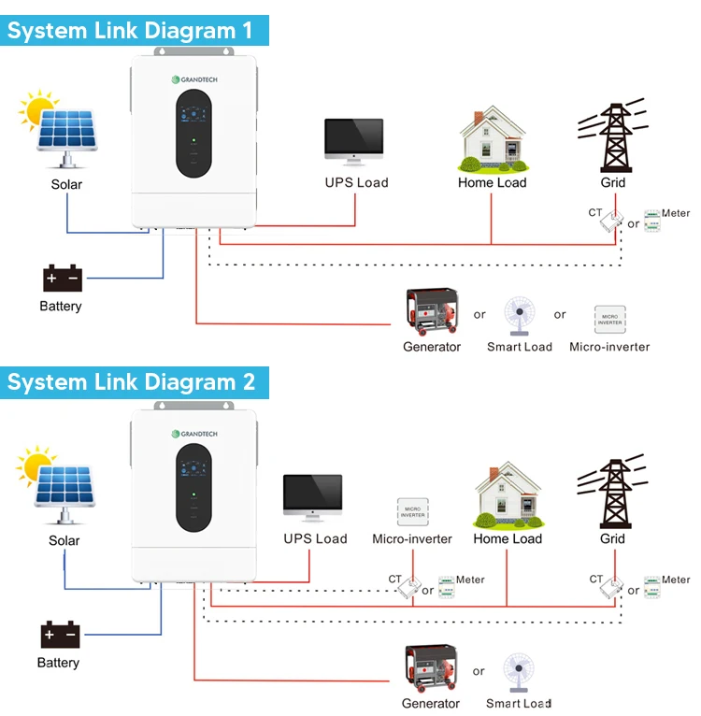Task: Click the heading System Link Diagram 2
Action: coord(132,382)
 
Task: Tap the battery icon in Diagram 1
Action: coord(62,279)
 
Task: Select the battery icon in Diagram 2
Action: coord(62,636)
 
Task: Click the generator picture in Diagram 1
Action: coord(431,314)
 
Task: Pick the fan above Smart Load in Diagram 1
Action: coord(519,317)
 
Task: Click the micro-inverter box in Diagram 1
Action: coord(609,319)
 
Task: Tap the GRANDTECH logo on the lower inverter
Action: coord(194,434)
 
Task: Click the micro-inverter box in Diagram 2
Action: coord(412,510)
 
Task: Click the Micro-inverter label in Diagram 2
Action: coord(412,539)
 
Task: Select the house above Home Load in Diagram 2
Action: coord(508,496)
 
